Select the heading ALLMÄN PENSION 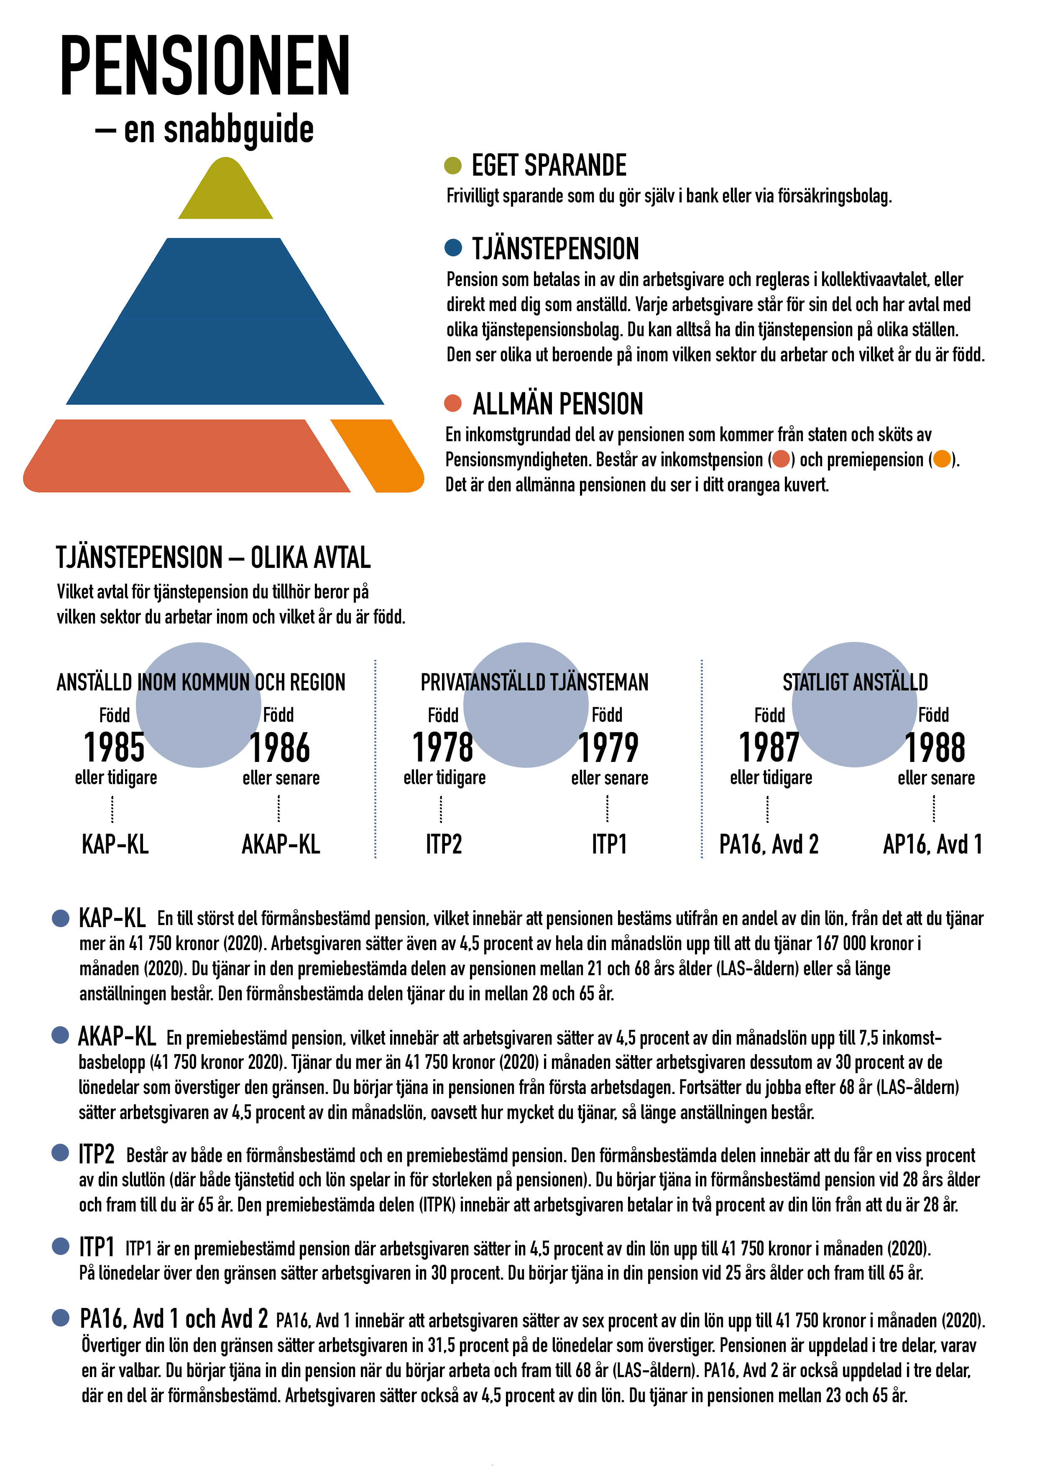[x=558, y=404]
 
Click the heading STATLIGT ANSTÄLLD [x=855, y=682]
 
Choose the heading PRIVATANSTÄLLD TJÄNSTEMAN [x=534, y=682]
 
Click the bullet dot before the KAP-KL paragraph [x=61, y=918]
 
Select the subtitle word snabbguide [x=219, y=130]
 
